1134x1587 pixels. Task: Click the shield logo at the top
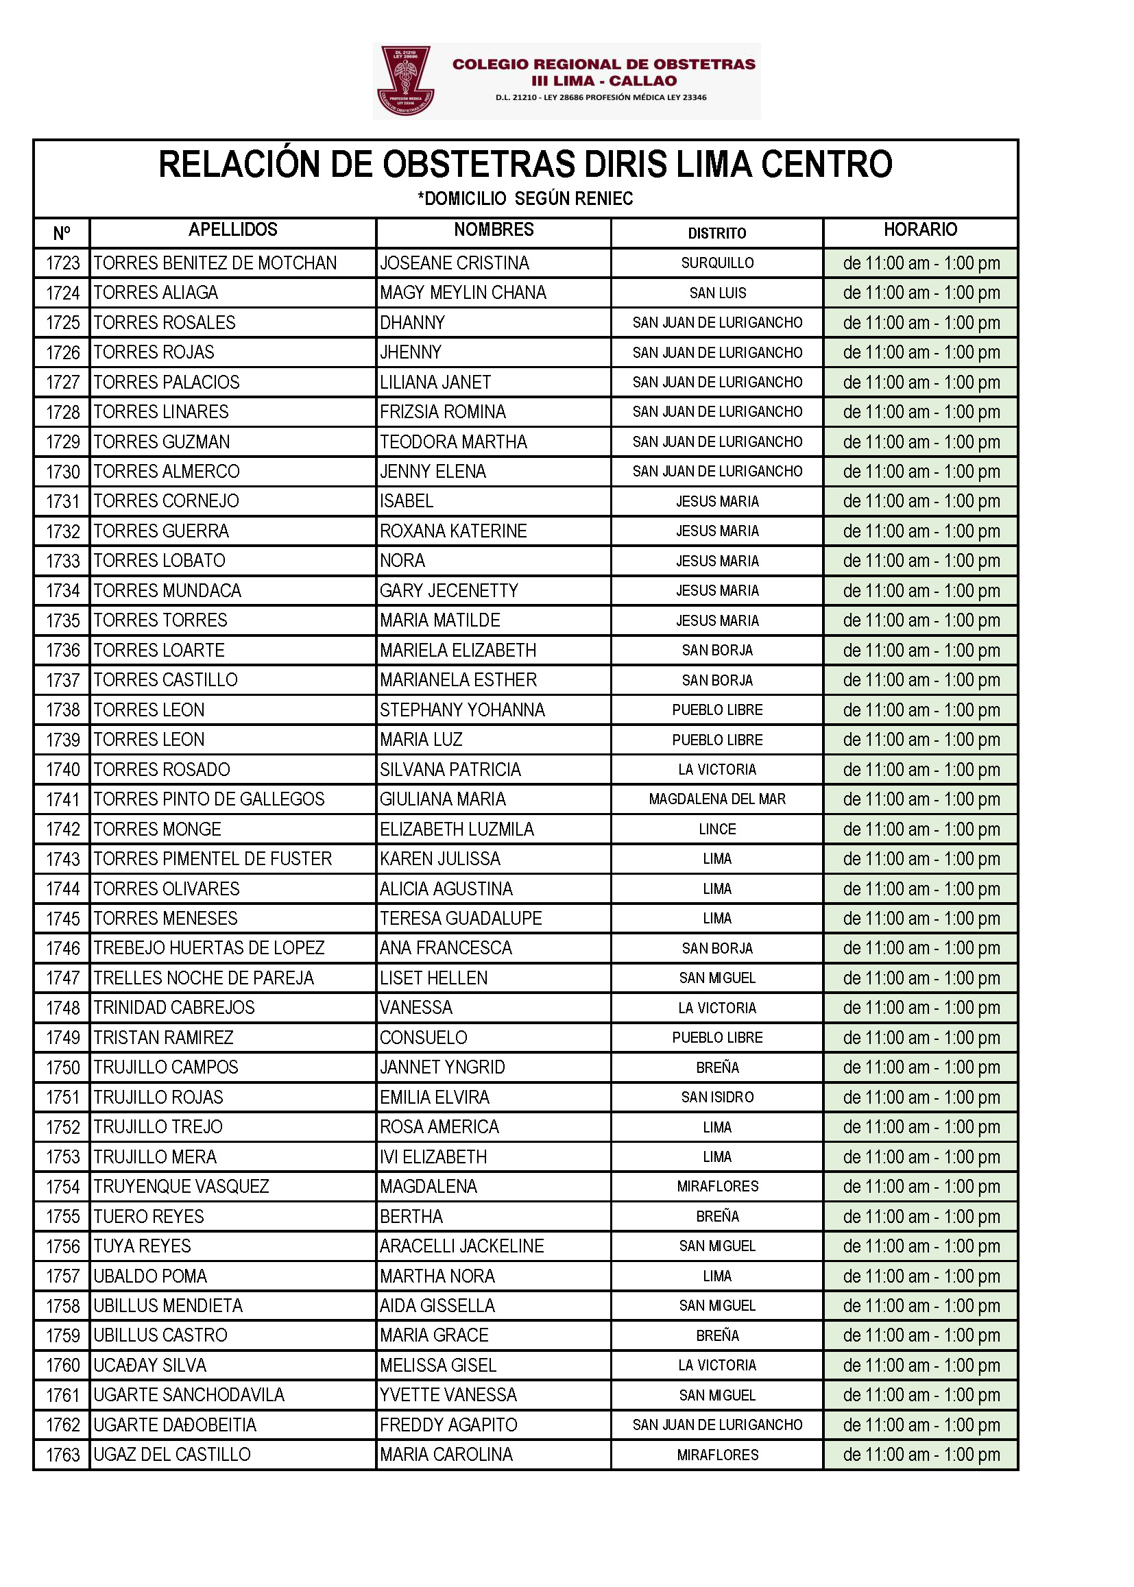pyautogui.click(x=406, y=81)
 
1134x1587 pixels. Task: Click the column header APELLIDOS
pyautogui.click(x=232, y=230)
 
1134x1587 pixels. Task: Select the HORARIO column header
pyautogui.click(x=920, y=230)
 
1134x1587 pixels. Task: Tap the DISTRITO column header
pyautogui.click(x=716, y=233)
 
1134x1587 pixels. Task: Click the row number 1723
pyautogui.click(x=63, y=263)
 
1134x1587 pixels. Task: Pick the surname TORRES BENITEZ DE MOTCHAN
pyautogui.click(x=215, y=263)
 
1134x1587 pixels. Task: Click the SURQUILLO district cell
pyautogui.click(x=717, y=263)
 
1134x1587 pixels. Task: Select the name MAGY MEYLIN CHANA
pyautogui.click(x=463, y=293)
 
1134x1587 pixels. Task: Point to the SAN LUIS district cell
pyautogui.click(x=717, y=293)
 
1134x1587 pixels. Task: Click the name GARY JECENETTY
pyautogui.click(x=449, y=591)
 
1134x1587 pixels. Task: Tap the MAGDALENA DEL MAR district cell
pyautogui.click(x=717, y=799)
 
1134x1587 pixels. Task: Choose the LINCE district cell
pyautogui.click(x=717, y=829)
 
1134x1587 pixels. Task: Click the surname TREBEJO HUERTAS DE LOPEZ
pyautogui.click(x=209, y=947)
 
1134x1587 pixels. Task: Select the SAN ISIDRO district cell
pyautogui.click(x=717, y=1097)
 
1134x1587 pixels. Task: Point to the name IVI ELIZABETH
pyautogui.click(x=433, y=1156)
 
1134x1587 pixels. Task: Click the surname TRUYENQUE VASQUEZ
pyautogui.click(x=181, y=1186)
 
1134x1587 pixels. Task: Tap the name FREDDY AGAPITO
pyautogui.click(x=448, y=1425)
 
